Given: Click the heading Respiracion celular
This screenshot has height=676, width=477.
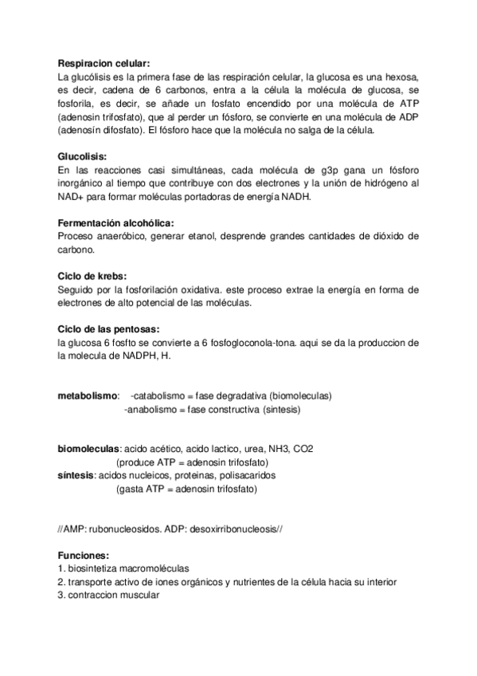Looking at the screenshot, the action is (104, 64).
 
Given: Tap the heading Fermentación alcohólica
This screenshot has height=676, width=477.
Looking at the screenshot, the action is (115, 224).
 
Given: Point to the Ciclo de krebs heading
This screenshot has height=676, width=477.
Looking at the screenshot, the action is (92, 277).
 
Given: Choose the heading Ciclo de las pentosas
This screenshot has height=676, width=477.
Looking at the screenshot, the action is (109, 329).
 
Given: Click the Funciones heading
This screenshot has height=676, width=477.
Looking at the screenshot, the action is (83, 556).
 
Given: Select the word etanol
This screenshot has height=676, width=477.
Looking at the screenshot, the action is (205, 237).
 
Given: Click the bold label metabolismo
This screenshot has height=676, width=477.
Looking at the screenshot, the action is (88, 396).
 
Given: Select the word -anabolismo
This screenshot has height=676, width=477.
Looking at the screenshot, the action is (151, 410).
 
